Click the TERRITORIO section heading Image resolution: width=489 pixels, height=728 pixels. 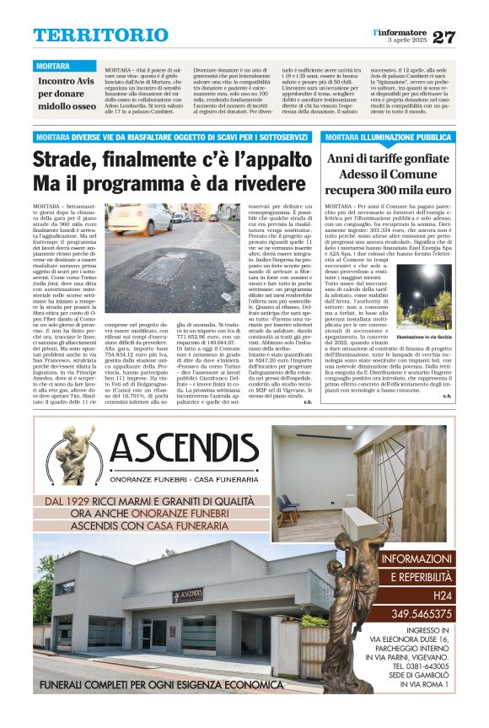pyautogui.click(x=89, y=35)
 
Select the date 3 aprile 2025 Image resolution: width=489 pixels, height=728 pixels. pyautogui.click(x=406, y=40)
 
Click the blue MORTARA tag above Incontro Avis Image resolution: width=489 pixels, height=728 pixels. pyautogui.click(x=53, y=66)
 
